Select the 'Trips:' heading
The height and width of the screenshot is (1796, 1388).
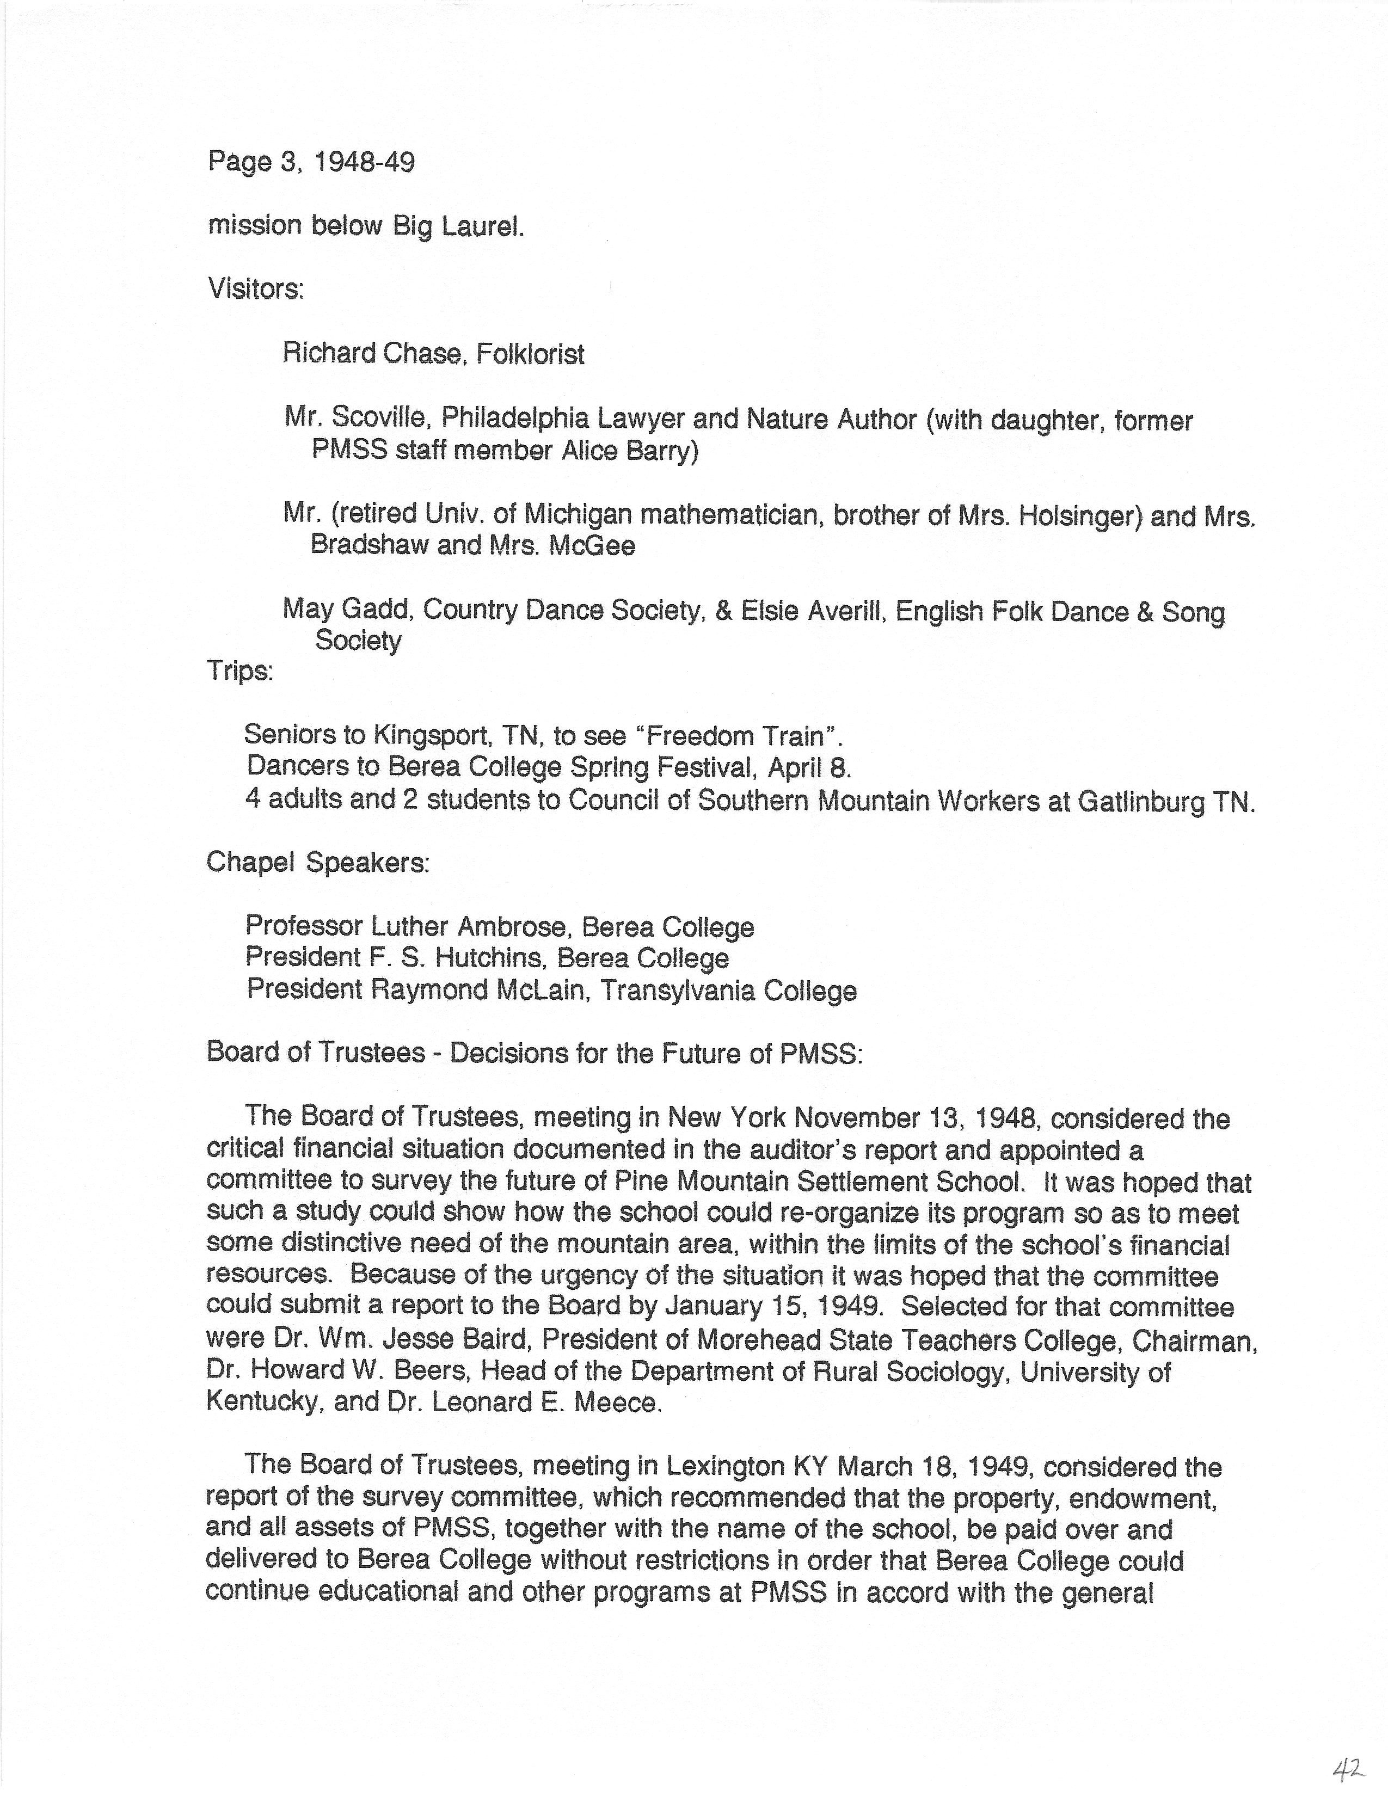click(240, 671)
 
